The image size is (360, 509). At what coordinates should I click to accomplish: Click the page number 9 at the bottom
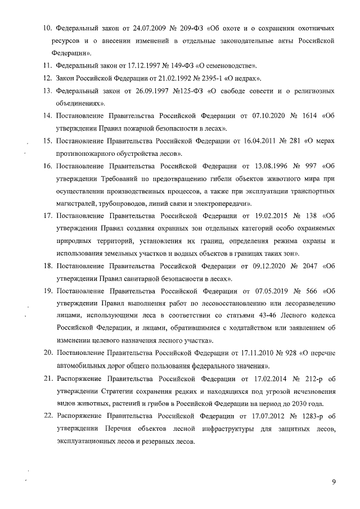[x=334, y=482]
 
